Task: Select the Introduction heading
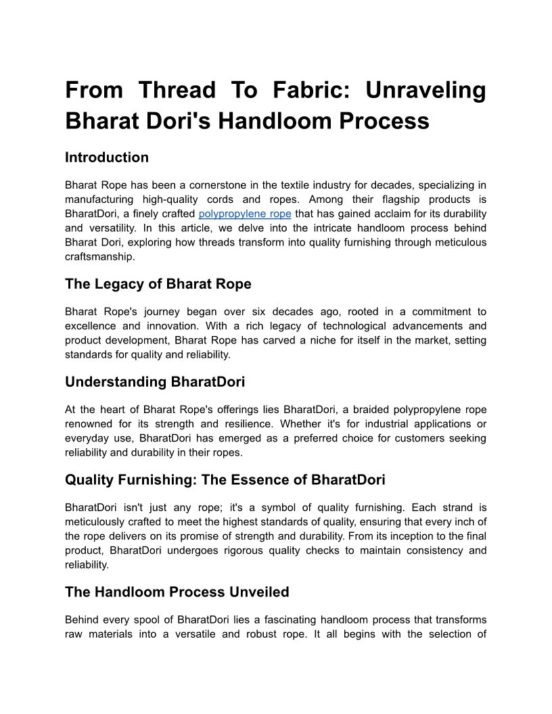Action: point(107,158)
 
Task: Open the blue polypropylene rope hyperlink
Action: point(245,214)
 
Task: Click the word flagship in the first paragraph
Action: point(384,199)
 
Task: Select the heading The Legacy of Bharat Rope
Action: point(158,284)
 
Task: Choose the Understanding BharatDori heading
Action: point(155,382)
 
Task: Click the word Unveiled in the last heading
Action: point(260,592)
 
